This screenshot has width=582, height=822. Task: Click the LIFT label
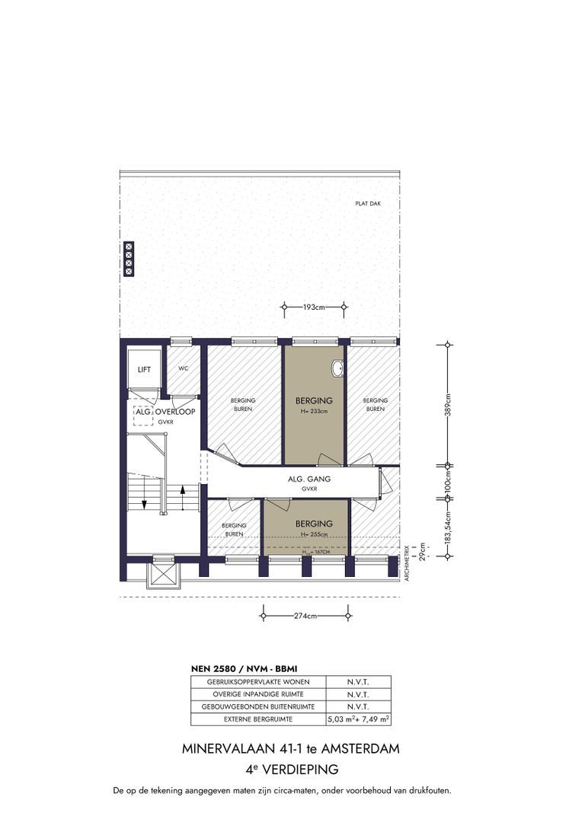click(144, 370)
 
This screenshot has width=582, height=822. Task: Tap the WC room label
click(183, 368)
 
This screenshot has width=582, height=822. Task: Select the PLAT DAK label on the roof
click(368, 203)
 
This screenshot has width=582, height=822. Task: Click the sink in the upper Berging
click(337, 368)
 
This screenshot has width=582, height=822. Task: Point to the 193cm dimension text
click(314, 307)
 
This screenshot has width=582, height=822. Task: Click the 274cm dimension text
click(305, 616)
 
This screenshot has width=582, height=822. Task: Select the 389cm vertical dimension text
click(448, 404)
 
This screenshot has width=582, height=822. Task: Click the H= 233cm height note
click(314, 412)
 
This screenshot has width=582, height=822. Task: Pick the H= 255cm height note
click(314, 535)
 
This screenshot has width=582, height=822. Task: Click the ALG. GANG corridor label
click(309, 479)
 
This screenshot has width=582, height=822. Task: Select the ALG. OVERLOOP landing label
click(165, 412)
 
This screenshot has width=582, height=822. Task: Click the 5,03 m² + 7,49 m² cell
click(359, 719)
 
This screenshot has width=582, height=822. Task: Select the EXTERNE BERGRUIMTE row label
click(258, 719)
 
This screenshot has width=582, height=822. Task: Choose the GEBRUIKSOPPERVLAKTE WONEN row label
click(258, 682)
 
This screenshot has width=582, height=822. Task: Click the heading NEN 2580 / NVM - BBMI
click(244, 669)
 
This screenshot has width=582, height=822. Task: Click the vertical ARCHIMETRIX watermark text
click(407, 563)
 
